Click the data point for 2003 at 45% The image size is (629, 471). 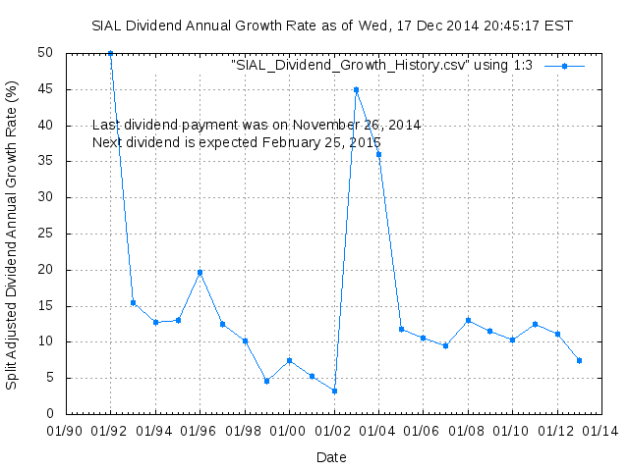pyautogui.click(x=356, y=89)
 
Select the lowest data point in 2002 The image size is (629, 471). pyautogui.click(x=334, y=391)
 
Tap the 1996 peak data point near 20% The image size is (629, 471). pyautogui.click(x=200, y=272)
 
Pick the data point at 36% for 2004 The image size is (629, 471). pyautogui.click(x=378, y=154)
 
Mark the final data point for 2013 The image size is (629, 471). pyautogui.click(x=580, y=360)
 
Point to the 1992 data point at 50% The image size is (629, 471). pyautogui.click(x=110, y=53)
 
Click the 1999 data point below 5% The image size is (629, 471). pyautogui.click(x=266, y=381)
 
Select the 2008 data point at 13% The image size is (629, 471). pyautogui.click(x=468, y=320)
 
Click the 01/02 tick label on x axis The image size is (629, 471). pyautogui.click(x=334, y=430)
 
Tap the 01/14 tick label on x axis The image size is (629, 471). pyautogui.click(x=602, y=430)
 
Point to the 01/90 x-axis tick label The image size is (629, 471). pyautogui.click(x=66, y=430)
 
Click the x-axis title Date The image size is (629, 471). pyautogui.click(x=331, y=456)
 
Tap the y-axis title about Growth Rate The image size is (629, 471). pyautogui.click(x=12, y=234)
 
